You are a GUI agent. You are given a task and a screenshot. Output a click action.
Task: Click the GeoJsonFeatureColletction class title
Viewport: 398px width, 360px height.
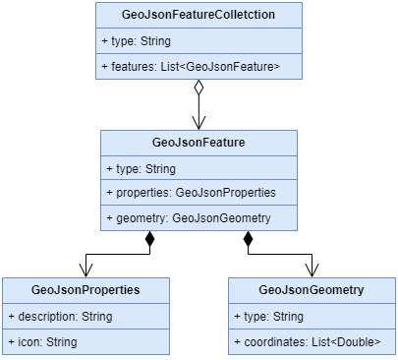click(199, 15)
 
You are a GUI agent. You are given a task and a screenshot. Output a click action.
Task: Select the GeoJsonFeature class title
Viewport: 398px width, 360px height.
click(199, 143)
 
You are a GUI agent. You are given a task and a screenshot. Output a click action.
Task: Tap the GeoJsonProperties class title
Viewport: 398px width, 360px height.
click(85, 290)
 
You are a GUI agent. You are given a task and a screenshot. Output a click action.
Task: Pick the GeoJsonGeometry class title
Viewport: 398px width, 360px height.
click(312, 290)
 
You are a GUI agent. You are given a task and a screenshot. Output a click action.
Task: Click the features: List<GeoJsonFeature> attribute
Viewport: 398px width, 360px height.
click(191, 66)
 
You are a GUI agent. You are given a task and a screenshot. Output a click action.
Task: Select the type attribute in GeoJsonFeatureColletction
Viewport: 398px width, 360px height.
click(138, 41)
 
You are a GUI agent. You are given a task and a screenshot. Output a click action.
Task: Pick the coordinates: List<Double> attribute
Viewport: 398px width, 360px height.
click(308, 341)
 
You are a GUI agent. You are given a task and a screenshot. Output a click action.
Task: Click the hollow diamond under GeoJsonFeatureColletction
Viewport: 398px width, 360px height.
click(199, 89)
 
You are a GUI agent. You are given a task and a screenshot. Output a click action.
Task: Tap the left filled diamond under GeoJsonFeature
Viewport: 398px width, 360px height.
click(149, 239)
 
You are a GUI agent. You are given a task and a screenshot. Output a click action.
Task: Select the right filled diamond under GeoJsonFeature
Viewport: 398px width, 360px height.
click(248, 239)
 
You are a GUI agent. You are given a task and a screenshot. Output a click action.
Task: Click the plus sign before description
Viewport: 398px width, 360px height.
click(11, 317)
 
